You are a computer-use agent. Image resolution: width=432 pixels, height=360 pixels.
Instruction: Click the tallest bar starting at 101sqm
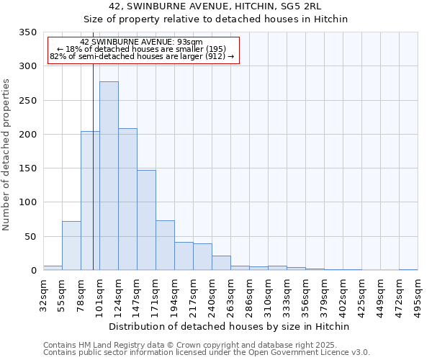tap(109, 176)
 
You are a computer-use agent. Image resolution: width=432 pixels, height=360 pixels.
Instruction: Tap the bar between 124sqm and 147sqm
tap(127, 199)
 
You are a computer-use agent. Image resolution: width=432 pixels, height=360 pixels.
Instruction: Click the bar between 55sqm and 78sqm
tap(71, 246)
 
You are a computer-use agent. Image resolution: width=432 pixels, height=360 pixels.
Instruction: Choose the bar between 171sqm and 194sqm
tap(165, 246)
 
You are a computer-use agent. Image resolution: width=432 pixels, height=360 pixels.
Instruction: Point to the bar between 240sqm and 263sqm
tap(221, 263)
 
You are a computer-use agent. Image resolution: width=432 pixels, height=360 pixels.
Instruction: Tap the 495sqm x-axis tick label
tap(418, 297)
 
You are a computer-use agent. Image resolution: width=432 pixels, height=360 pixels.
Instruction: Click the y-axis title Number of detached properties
tap(6, 155)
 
